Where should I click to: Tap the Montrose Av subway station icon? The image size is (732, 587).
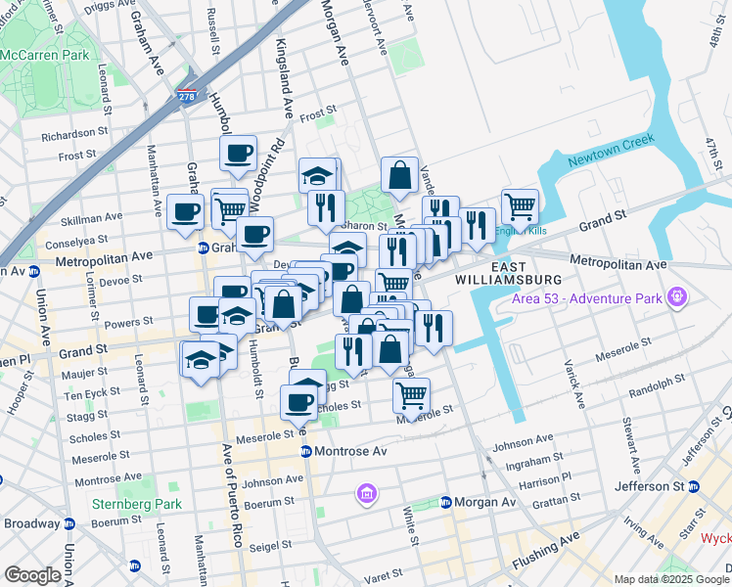click(306, 451)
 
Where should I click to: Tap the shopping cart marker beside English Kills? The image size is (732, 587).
click(520, 206)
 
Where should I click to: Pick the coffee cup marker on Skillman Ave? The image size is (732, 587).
click(186, 211)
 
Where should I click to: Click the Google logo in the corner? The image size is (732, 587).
click(32, 574)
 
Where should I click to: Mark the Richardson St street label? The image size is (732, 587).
click(74, 132)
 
